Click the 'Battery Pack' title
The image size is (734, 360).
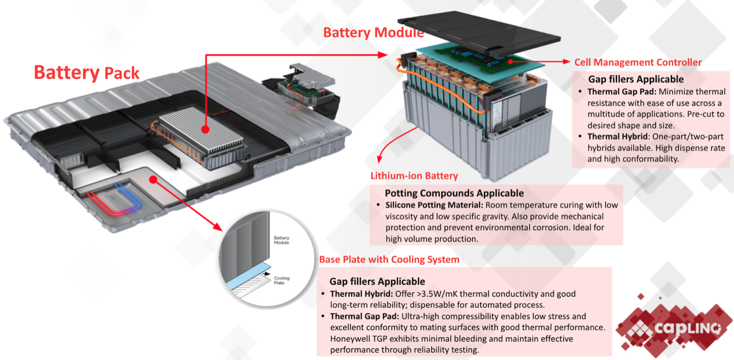(86, 72)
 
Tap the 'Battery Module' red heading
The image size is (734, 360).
(373, 32)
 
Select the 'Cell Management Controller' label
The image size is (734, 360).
(638, 62)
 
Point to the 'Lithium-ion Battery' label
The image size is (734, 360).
(414, 176)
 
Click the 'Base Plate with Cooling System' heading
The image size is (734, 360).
(389, 260)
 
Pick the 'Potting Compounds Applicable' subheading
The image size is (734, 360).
(454, 193)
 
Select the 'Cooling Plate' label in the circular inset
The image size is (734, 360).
(282, 280)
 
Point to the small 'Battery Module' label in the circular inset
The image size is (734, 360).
(282, 240)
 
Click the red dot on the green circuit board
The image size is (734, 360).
(508, 60)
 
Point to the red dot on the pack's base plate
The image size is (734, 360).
(153, 179)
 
